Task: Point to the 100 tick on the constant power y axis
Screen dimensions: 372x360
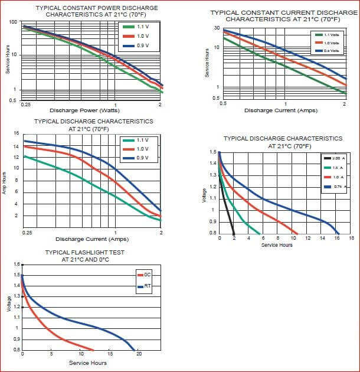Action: (x=13, y=22)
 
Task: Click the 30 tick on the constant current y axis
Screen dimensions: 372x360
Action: (x=217, y=28)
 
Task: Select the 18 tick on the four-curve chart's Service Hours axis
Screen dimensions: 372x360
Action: (x=351, y=238)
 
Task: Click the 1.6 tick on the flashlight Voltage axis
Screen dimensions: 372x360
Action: (x=17, y=264)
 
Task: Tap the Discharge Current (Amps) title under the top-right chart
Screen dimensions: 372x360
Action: (x=281, y=110)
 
